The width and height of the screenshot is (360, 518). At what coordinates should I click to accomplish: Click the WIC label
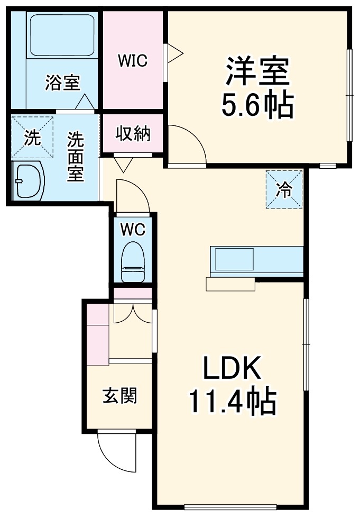point(133,61)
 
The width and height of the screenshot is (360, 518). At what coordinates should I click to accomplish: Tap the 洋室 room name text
point(258,72)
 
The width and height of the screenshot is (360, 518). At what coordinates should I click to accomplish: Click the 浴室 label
point(62,83)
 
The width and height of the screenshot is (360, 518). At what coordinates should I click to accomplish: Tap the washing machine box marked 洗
point(33,138)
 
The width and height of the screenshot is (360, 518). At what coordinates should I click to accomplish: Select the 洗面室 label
point(76,157)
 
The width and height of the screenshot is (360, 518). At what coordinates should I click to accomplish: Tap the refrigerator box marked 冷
point(284,189)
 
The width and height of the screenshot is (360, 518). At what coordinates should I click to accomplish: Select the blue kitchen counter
point(256,260)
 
